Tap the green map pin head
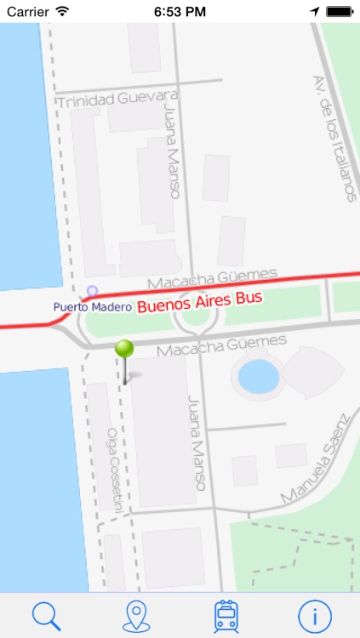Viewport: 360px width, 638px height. [125, 349]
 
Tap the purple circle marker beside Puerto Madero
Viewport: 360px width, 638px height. [92, 291]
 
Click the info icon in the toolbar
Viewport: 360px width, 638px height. [315, 614]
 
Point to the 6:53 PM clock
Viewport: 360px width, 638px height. [180, 12]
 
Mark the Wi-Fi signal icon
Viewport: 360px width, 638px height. [63, 12]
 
